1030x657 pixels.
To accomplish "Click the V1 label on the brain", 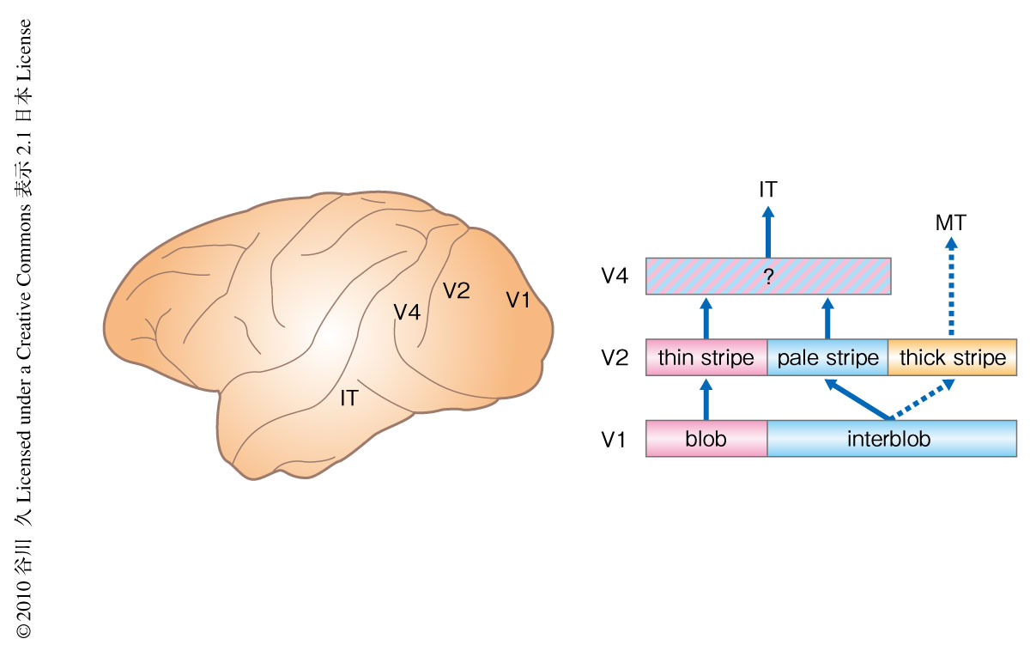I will click(x=518, y=301).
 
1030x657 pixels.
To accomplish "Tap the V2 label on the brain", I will click(x=456, y=291).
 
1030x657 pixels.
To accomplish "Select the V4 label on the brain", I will click(x=407, y=313).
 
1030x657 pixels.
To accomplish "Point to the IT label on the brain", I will click(x=348, y=398).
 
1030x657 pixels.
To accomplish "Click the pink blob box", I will click(x=706, y=438).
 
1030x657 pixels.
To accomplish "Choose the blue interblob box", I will click(x=891, y=438).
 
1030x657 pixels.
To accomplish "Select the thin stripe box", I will click(x=706, y=357).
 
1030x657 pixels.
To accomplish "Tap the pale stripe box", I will click(x=827, y=357).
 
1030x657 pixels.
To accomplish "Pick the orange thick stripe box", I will click(x=952, y=357).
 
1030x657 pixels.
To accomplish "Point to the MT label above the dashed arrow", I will click(x=951, y=223).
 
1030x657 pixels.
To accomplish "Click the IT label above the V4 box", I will click(x=768, y=191).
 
